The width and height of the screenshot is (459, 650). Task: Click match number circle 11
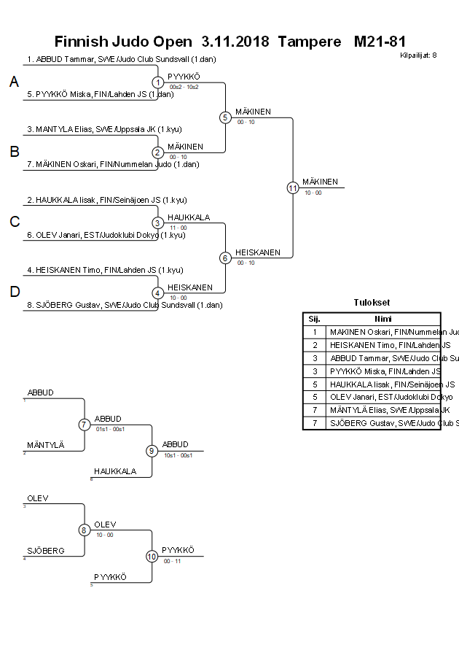click(x=293, y=187)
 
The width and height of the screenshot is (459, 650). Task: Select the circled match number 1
click(x=158, y=82)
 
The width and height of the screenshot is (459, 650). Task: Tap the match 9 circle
click(x=152, y=451)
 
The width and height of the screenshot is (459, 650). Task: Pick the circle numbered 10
click(x=152, y=556)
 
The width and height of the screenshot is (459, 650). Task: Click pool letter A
click(x=14, y=83)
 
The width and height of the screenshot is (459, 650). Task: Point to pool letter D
click(x=14, y=293)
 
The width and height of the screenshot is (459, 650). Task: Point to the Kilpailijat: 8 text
click(x=418, y=55)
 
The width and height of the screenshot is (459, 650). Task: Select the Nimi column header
click(x=382, y=319)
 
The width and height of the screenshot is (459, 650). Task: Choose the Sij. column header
click(x=314, y=319)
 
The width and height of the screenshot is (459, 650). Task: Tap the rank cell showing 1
click(x=314, y=332)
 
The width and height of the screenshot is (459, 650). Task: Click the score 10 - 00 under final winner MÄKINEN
click(x=313, y=193)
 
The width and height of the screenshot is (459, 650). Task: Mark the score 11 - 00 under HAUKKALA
click(x=178, y=228)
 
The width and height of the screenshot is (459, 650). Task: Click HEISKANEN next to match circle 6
click(x=257, y=252)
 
